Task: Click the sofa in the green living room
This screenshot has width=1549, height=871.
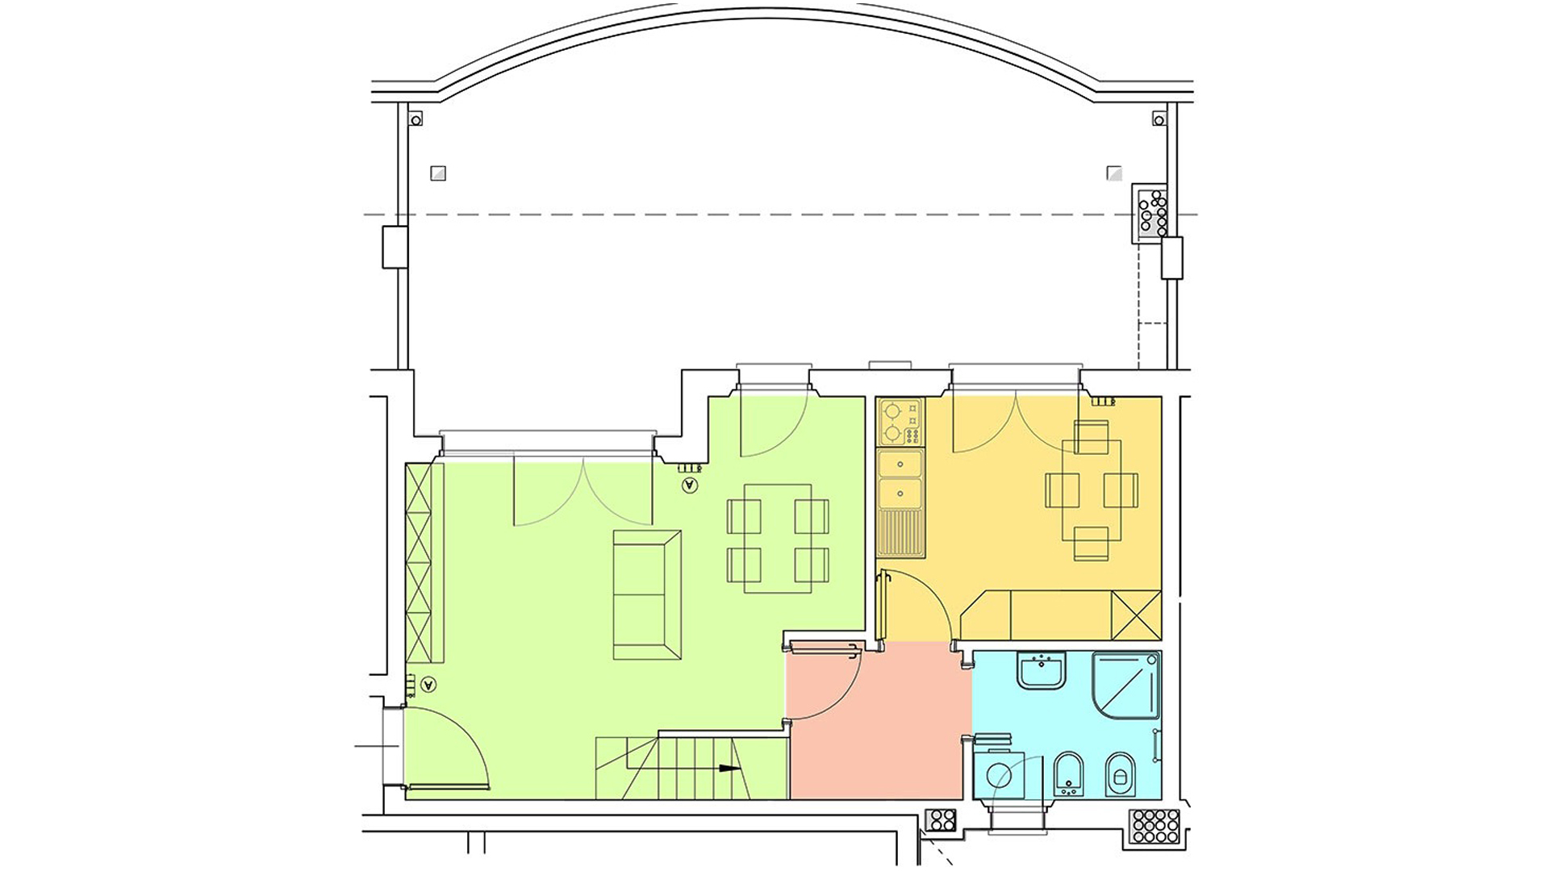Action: point(647,594)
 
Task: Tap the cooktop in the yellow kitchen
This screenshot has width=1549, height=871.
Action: point(900,423)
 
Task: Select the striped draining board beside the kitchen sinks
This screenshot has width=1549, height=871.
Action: point(900,533)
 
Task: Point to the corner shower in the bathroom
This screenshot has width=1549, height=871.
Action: point(1126,686)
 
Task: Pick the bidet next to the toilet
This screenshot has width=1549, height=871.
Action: point(1069,775)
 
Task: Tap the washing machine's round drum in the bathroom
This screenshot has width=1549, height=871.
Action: point(999,776)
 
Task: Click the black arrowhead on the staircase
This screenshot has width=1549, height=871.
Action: point(729,769)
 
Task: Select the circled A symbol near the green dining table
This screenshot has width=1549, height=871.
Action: point(689,485)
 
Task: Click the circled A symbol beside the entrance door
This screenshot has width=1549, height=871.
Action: point(428,685)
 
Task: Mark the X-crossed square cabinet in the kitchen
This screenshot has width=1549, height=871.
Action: point(1136,615)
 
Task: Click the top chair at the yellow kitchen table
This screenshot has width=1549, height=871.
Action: point(1092,436)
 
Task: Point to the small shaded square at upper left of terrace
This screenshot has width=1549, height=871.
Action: point(438,173)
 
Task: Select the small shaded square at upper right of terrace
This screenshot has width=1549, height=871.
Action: point(1114,173)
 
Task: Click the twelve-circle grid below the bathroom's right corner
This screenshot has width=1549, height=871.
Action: point(1155,826)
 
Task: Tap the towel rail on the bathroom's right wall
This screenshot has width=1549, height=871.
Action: point(1157,745)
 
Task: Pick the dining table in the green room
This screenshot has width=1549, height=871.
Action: point(778,539)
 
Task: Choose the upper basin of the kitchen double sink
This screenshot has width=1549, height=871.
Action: point(900,465)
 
